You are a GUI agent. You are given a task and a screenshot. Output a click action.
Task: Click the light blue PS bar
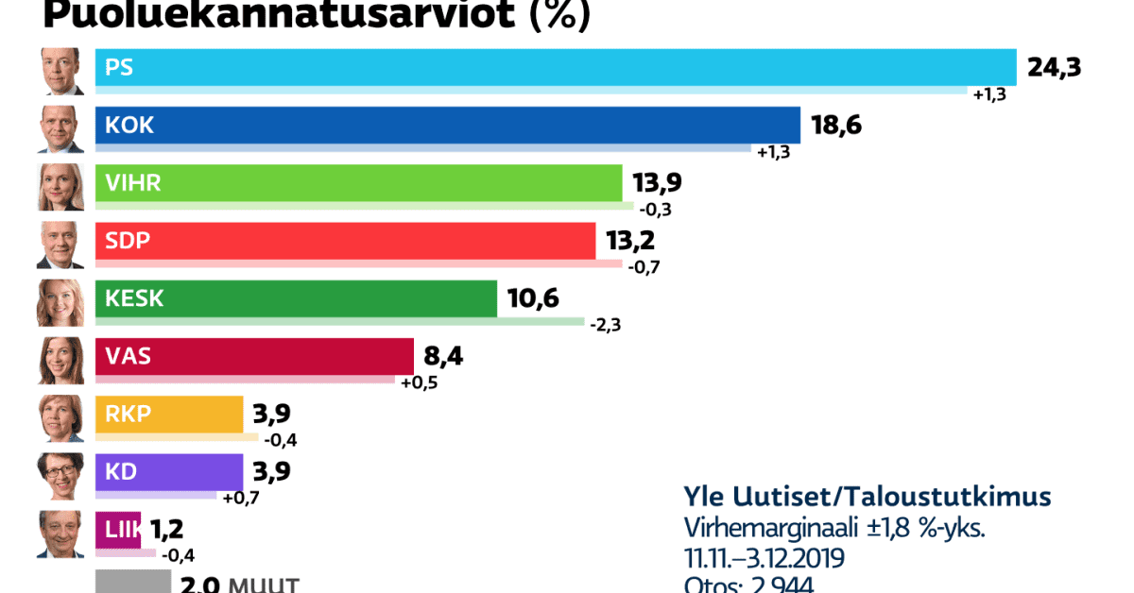coord(556,67)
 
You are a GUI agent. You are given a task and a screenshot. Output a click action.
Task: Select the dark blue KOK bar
coord(448,126)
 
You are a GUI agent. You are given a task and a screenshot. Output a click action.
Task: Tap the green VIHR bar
coord(359,183)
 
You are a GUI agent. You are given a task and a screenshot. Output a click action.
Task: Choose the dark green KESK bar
coord(296,299)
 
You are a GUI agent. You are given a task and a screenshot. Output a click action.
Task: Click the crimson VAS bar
coord(254,357)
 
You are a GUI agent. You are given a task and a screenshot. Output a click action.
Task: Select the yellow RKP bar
coord(169,415)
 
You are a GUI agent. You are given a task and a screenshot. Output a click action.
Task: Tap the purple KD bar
coord(169,472)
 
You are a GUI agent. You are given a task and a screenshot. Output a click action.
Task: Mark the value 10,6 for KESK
coord(533,299)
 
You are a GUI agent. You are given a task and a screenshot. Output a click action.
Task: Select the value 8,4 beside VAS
coord(444,357)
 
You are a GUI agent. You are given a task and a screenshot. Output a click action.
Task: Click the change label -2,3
coord(605,325)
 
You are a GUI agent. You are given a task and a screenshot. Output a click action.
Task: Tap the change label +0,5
coord(420,382)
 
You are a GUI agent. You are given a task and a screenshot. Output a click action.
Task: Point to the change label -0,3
coord(656,209)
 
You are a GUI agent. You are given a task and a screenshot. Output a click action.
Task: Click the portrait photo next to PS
coord(61,72)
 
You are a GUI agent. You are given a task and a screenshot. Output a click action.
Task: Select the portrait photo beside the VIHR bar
coord(61,187)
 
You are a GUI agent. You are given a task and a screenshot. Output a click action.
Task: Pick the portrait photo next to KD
coord(61,476)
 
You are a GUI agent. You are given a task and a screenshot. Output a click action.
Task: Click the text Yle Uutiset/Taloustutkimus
coord(867,499)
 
